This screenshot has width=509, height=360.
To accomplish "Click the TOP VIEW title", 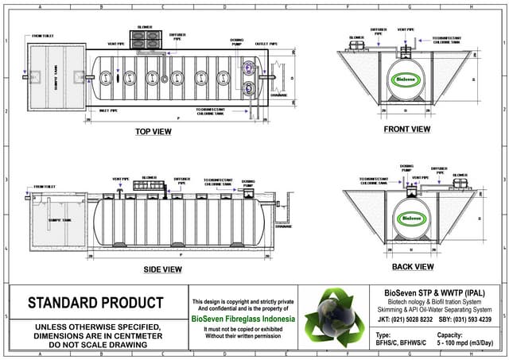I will pyautogui.click(x=153, y=132).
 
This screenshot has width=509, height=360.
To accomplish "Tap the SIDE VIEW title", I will pyautogui.click(x=162, y=269).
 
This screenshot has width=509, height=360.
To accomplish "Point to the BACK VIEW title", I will pyautogui.click(x=412, y=266).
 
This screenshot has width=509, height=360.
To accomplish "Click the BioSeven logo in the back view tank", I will pyautogui.click(x=412, y=217).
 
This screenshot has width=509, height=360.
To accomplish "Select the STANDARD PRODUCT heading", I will pyautogui.click(x=95, y=303).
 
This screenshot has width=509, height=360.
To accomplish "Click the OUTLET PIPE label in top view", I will pyautogui.click(x=266, y=44).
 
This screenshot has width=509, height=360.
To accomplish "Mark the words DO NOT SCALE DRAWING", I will pyautogui.click(x=95, y=346).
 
